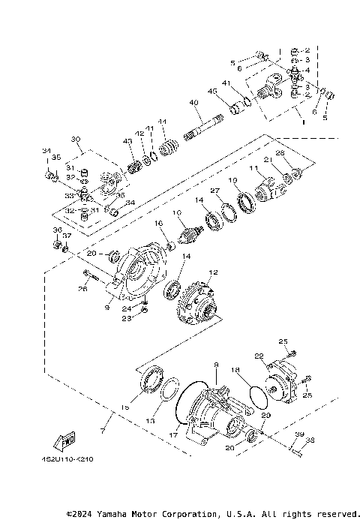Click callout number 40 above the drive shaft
pyautogui.click(x=193, y=103)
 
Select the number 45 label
pyautogui.click(x=212, y=92)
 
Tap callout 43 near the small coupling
pyautogui.click(x=127, y=141)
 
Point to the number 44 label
pyautogui.click(x=161, y=122)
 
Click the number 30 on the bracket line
pyautogui.click(x=75, y=140)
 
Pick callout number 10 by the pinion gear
pyautogui.click(x=177, y=213)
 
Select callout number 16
pyautogui.click(x=158, y=224)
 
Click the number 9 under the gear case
pyautogui.click(x=108, y=306)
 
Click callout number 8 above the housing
pyautogui.click(x=216, y=365)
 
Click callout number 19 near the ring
pyautogui.click(x=233, y=180)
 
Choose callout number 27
pyautogui.click(x=214, y=191)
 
